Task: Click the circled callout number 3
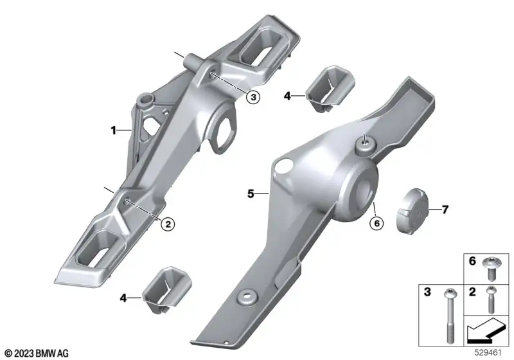253,96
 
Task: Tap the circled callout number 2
168,224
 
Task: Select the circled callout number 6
377,223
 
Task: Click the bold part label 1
114,130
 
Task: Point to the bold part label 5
251,194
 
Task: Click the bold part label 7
445,209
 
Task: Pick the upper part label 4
287,96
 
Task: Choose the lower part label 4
123,298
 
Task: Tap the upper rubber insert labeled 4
330,88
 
